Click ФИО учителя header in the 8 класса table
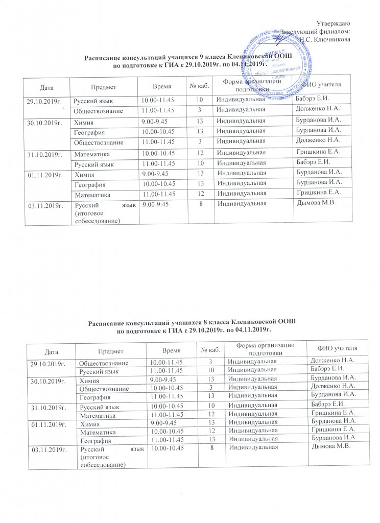click(337, 348)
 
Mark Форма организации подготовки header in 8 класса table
click(268, 349)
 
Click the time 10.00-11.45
click(158, 98)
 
